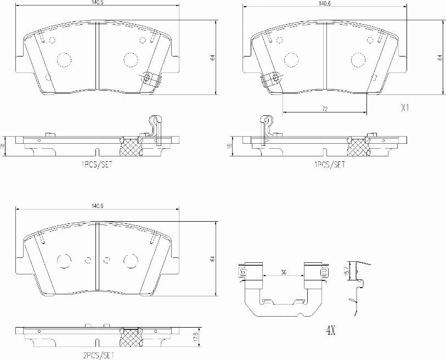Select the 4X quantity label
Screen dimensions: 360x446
(331, 331)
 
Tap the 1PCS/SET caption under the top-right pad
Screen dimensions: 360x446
(329, 164)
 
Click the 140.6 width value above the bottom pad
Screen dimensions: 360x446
(98, 206)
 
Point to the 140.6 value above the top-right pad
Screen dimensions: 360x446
(324, 3)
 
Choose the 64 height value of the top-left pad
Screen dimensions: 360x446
(211, 58)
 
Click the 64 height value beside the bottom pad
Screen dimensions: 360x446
(211, 258)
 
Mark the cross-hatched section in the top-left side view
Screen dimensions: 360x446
(131, 147)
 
